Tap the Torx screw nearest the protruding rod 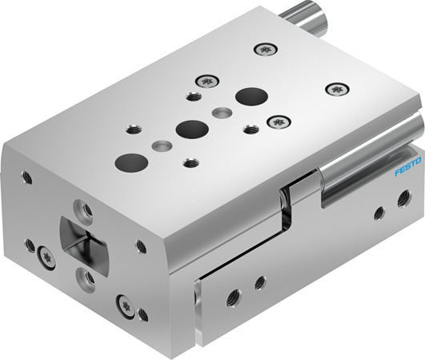pos(265,50)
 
